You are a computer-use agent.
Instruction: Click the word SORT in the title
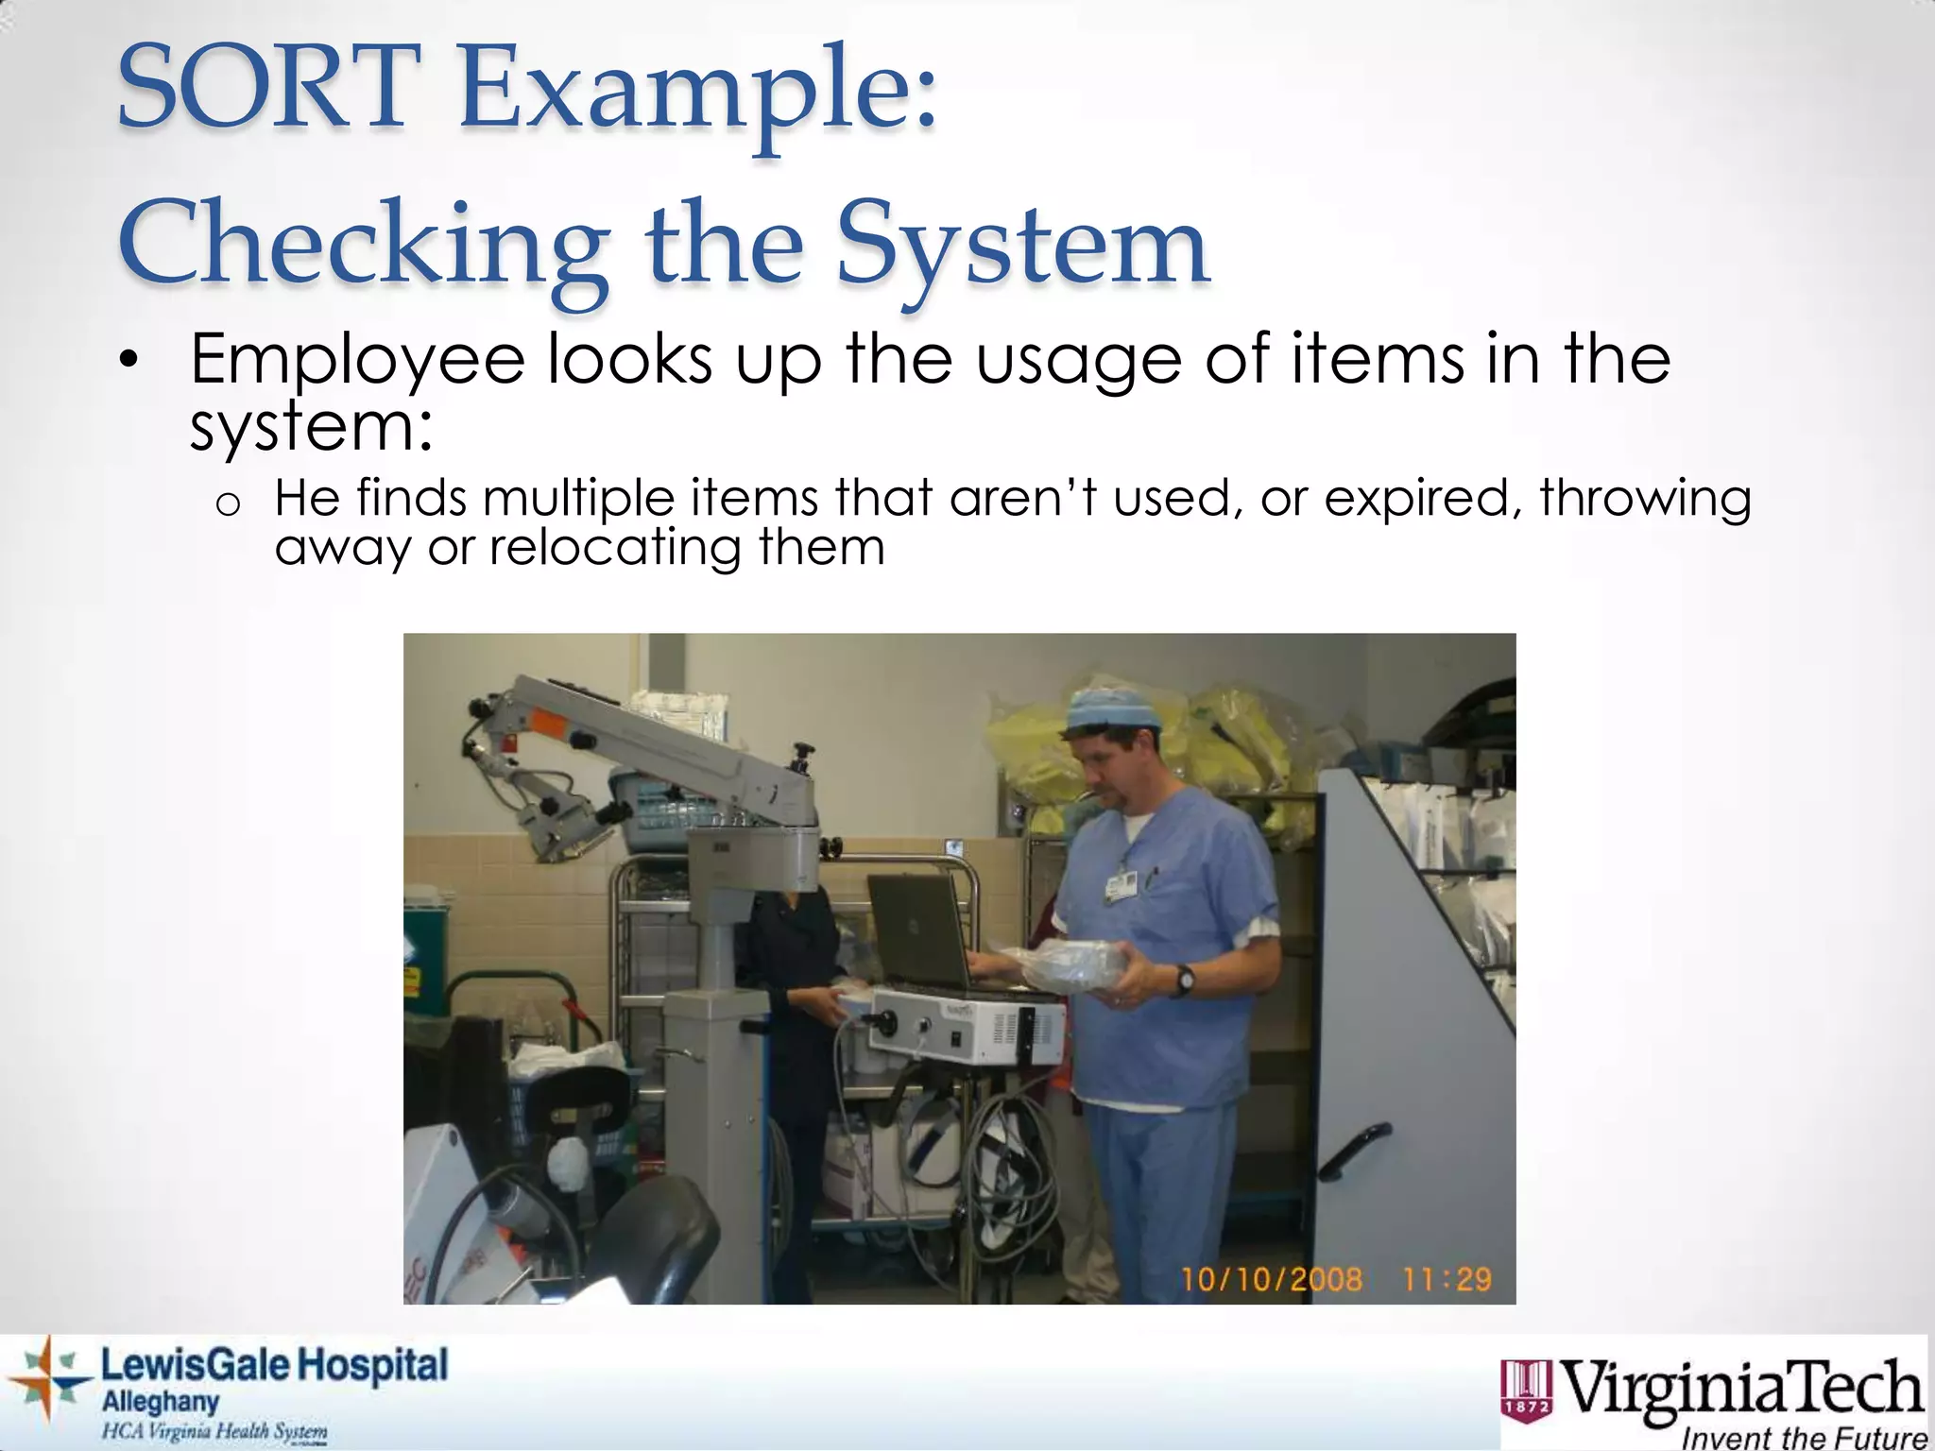click(x=268, y=90)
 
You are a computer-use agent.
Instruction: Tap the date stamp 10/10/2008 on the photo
click(x=1272, y=1280)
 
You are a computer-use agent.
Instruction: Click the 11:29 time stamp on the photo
click(x=1446, y=1280)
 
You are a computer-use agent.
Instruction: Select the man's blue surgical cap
click(x=1113, y=709)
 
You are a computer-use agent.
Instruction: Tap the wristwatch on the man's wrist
click(x=1184, y=980)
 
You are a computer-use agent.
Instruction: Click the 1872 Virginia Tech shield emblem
click(x=1526, y=1390)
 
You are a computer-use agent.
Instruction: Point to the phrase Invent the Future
click(x=1804, y=1438)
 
